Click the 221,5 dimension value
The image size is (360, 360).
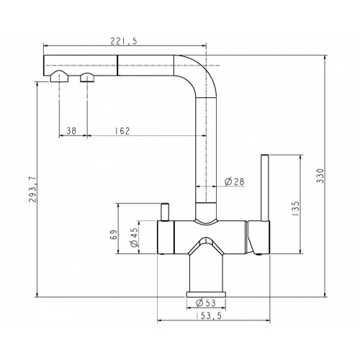point(124,41)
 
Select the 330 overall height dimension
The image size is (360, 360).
point(320,176)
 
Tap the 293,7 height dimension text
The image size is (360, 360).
point(32,189)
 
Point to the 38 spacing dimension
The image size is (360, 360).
point(71,131)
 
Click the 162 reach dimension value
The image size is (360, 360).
point(122,131)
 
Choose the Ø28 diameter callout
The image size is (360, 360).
point(235,181)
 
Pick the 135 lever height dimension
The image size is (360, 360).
point(296,208)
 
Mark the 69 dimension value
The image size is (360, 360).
point(114,235)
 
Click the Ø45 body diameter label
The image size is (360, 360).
point(134,237)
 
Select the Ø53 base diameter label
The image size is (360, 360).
point(206,303)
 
